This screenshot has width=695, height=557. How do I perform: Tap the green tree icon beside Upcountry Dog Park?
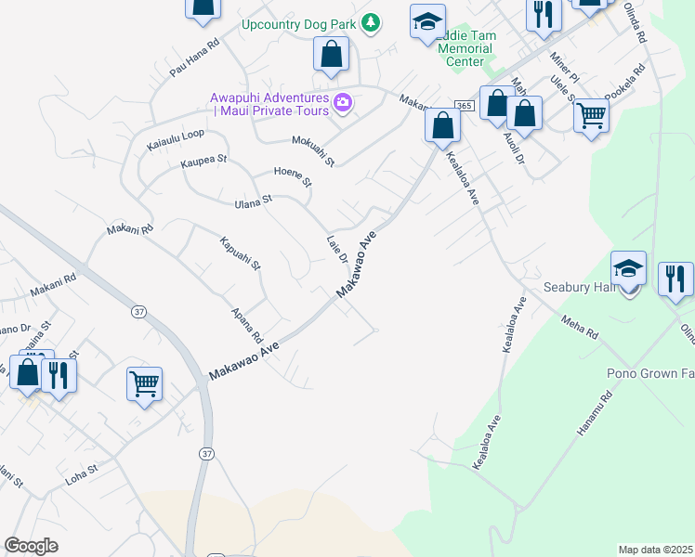pos(371,21)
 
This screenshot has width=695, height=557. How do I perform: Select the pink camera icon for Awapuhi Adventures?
pos(343,103)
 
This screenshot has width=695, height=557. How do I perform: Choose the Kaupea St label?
pos(203,162)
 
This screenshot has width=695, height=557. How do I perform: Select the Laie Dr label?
pos(336,248)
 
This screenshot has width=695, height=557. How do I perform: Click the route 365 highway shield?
pos(465,106)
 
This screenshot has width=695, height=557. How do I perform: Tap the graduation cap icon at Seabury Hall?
pos(628,268)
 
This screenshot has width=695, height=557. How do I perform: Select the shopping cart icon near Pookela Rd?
pos(591,117)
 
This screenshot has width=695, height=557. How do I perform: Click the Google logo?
pos(32,546)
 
